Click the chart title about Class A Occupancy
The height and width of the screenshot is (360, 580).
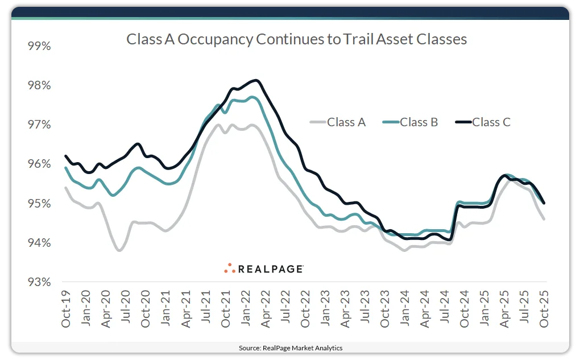pos(296,39)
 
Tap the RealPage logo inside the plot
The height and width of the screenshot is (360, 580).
pos(263,268)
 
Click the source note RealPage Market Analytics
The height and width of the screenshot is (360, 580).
pos(290,347)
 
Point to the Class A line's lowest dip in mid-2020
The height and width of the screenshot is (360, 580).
pos(119,250)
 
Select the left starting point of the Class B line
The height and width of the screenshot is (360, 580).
pos(66,168)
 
